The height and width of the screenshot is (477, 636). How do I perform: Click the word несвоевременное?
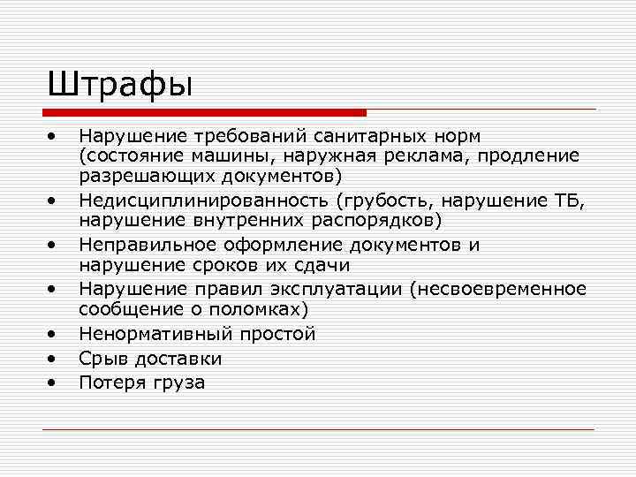click(x=510, y=289)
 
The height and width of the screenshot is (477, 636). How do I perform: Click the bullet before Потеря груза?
click(x=54, y=383)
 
